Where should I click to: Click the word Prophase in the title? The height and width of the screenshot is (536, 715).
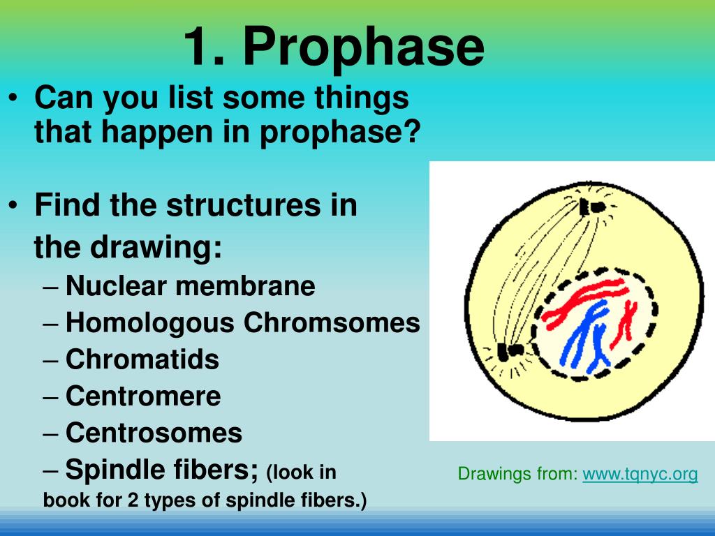[363, 47]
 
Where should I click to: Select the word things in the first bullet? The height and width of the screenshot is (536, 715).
[361, 98]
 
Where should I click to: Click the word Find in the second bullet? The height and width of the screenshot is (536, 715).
[66, 206]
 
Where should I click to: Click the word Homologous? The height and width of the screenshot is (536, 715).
[150, 323]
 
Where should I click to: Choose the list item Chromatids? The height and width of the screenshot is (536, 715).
[142, 360]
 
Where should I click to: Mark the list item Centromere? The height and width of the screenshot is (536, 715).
[143, 396]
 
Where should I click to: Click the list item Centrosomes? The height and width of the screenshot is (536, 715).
[154, 433]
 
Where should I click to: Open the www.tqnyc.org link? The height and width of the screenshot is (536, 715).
[640, 475]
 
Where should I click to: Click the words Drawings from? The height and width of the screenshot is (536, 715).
[517, 475]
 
